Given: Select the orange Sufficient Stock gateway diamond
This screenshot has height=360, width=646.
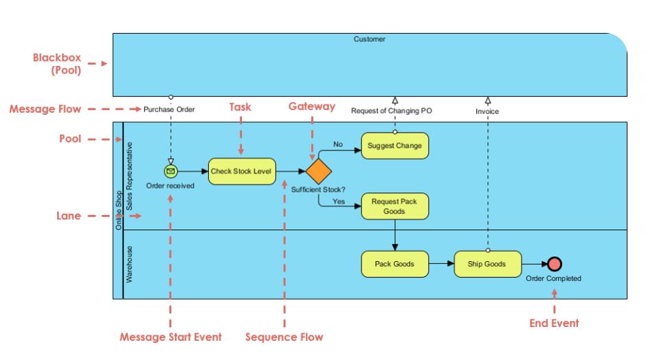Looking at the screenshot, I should (318, 171).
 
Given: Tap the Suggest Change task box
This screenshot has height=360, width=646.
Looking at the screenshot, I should (394, 146).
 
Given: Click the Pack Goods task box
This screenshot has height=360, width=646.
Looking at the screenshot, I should (394, 263).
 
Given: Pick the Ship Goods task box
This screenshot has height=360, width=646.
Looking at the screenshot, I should (487, 263).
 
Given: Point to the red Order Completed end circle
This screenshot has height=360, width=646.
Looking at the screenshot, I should (554, 264).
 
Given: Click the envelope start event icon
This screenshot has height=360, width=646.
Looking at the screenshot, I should (170, 171).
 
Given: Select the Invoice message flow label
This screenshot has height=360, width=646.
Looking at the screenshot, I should (487, 111).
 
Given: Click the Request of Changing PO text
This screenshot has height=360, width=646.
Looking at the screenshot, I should (391, 111).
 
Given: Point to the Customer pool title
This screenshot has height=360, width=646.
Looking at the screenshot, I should (370, 39).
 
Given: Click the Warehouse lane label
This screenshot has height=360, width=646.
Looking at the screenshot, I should (129, 265).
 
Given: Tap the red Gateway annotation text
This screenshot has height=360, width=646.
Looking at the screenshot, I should (312, 106).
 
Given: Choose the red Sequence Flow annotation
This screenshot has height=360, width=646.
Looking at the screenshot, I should (285, 337).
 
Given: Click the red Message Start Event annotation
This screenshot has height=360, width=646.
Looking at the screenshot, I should (170, 337).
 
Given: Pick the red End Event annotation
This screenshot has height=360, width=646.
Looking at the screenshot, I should (554, 323).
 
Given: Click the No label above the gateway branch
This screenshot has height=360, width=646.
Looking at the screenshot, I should (337, 145).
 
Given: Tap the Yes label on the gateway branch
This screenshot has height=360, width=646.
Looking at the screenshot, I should (339, 202).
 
